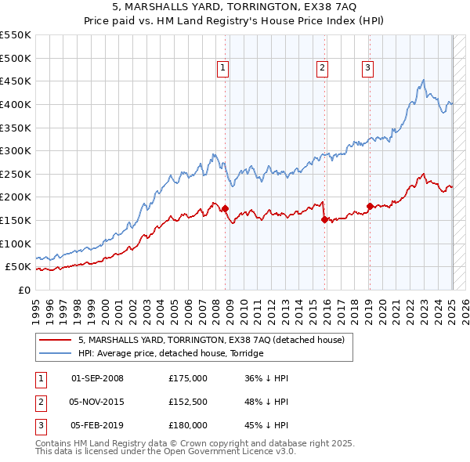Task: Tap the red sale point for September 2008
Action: pyautogui.click(x=225, y=209)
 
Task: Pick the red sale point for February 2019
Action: pyautogui.click(x=370, y=207)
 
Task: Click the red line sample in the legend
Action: pyautogui.click(x=55, y=341)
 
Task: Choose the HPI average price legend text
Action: pyautogui.click(x=171, y=353)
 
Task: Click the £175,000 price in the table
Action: pyautogui.click(x=188, y=378)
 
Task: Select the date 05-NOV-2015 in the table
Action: pyautogui.click(x=97, y=402)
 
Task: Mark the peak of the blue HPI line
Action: pyautogui.click(x=423, y=80)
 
